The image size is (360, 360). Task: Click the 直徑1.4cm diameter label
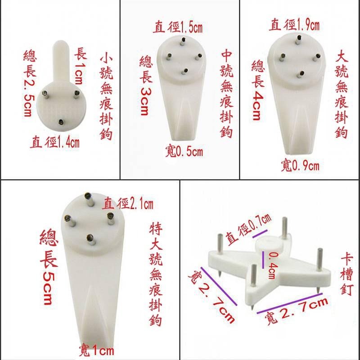[55, 143]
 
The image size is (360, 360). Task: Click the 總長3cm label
[145, 85]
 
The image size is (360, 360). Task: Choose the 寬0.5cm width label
[184, 152]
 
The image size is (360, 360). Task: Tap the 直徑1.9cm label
[294, 25]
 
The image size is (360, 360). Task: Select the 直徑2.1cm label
[128, 204]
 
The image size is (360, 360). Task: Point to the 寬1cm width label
[96, 350]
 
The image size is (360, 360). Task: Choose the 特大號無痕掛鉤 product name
[154, 274]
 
